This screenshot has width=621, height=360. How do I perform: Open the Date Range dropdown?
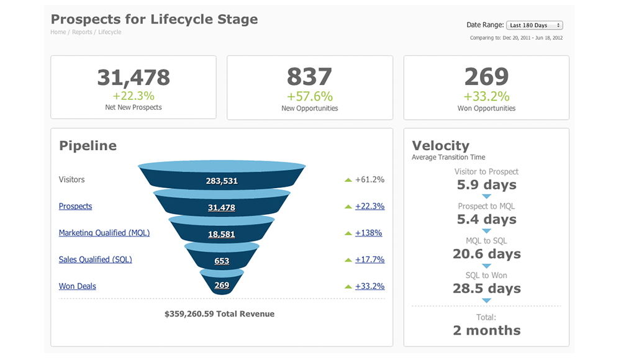pyautogui.click(x=534, y=25)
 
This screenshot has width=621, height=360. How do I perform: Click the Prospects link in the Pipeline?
pyautogui.click(x=75, y=206)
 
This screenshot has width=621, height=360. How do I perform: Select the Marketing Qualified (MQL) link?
pyautogui.click(x=104, y=233)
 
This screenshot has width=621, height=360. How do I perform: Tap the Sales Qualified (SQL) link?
pyautogui.click(x=95, y=259)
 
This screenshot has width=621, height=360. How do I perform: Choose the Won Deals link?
pyautogui.click(x=77, y=286)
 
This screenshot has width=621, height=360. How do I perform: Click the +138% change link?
pyautogui.click(x=368, y=233)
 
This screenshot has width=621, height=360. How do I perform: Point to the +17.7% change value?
pyautogui.click(x=369, y=259)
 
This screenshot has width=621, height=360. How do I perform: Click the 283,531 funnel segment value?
pyautogui.click(x=222, y=181)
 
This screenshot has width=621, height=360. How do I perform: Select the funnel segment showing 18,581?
pyautogui.click(x=222, y=234)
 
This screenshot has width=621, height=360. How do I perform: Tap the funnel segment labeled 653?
pyautogui.click(x=222, y=261)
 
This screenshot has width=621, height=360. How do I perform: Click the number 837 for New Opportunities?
pyautogui.click(x=309, y=77)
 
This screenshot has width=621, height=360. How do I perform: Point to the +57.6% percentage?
pyautogui.click(x=309, y=96)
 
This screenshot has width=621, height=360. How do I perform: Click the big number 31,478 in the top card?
pyautogui.click(x=134, y=77)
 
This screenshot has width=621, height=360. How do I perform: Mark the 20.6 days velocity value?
pyautogui.click(x=486, y=254)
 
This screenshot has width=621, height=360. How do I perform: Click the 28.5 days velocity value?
pyautogui.click(x=486, y=289)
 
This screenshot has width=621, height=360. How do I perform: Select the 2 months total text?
pyautogui.click(x=486, y=330)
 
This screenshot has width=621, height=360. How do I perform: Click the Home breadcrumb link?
pyautogui.click(x=58, y=32)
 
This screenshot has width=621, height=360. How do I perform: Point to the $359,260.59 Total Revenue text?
pyautogui.click(x=219, y=314)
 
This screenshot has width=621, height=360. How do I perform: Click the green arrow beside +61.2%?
pyautogui.click(x=348, y=180)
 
